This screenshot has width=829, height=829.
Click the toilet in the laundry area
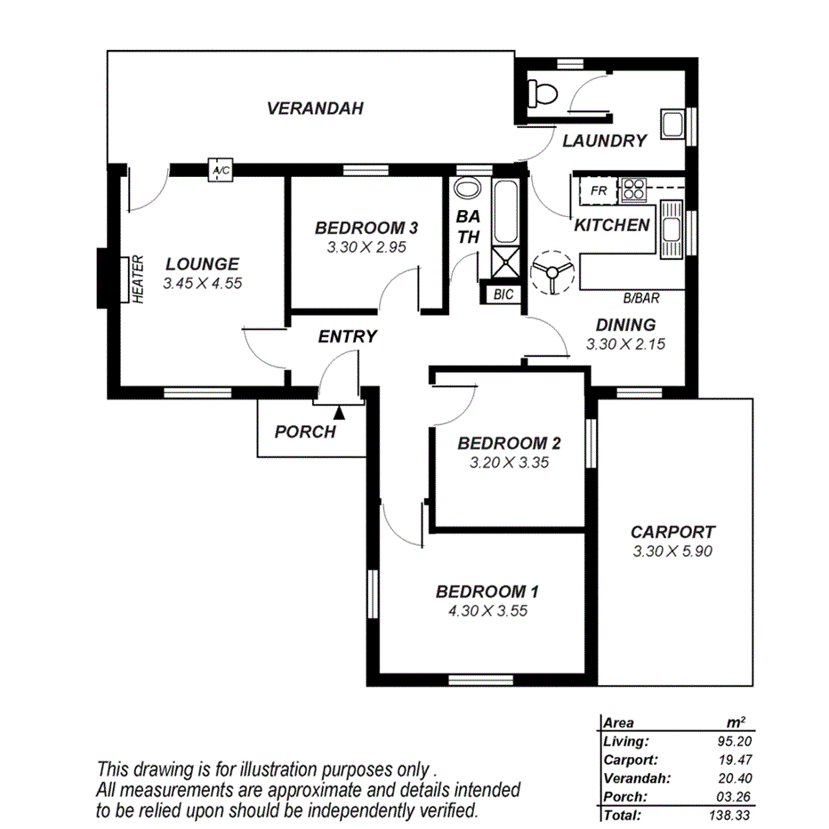540,92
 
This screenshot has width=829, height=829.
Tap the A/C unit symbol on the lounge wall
219,170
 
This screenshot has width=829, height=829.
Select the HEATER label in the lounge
138,279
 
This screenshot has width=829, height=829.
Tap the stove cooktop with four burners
634,189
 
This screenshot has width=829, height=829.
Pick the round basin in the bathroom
465,190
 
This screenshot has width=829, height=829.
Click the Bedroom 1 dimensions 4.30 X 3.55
487,611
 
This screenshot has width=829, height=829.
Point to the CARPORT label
672,532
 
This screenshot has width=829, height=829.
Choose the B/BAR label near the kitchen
640,299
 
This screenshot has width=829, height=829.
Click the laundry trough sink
673,123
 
